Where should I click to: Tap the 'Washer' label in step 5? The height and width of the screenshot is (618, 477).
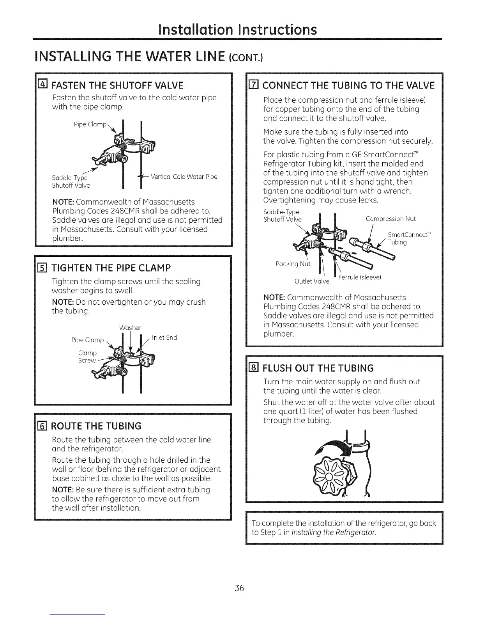click(x=130, y=327)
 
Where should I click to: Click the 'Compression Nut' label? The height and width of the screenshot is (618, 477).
click(x=390, y=219)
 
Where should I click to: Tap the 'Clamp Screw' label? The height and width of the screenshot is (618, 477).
click(x=87, y=357)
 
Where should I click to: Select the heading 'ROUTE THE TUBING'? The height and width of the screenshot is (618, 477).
click(x=97, y=425)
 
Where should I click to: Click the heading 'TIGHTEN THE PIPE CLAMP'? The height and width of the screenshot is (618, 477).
click(x=111, y=268)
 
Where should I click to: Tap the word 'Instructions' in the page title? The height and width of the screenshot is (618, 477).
click(x=278, y=30)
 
